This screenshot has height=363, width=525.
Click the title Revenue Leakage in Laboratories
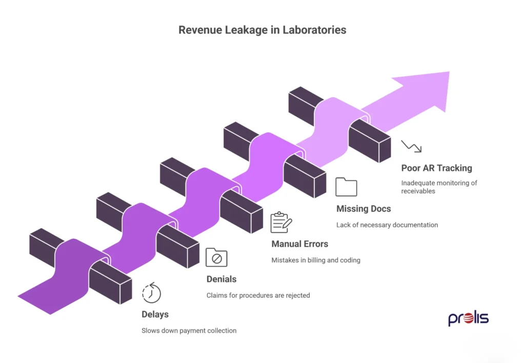(262, 30)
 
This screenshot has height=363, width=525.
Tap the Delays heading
(155, 314)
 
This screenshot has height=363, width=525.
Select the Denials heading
(221, 279)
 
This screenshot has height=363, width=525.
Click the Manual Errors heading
(299, 244)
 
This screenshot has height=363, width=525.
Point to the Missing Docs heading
(363, 208)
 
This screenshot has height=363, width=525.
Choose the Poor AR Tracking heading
(436, 168)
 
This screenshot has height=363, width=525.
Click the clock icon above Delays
(151, 293)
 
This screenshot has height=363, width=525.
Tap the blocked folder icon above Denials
(216, 257)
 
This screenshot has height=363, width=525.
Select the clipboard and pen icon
(281, 222)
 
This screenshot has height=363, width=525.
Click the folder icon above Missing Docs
(346, 187)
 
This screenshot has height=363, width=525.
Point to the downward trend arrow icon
(411, 146)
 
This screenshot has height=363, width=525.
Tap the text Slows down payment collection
(189, 331)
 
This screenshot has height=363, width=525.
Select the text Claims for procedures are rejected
(258, 295)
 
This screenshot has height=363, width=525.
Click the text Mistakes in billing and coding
(315, 260)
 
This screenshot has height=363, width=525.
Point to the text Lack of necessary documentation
(387, 225)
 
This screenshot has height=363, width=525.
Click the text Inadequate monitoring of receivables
(439, 187)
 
